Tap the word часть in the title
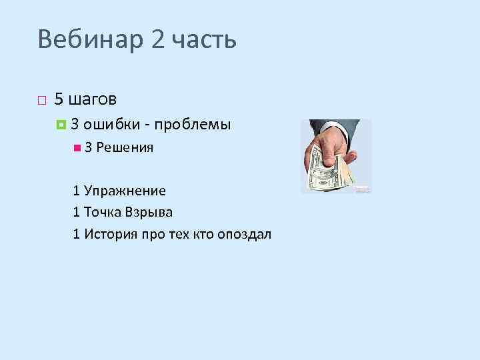pyautogui.click(x=204, y=41)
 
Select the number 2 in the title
pyautogui.click(x=157, y=40)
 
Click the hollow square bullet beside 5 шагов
pyautogui.click(x=41, y=101)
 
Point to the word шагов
pyautogui.click(x=92, y=99)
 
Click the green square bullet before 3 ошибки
pyautogui.click(x=62, y=124)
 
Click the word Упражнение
pyautogui.click(x=123, y=191)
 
